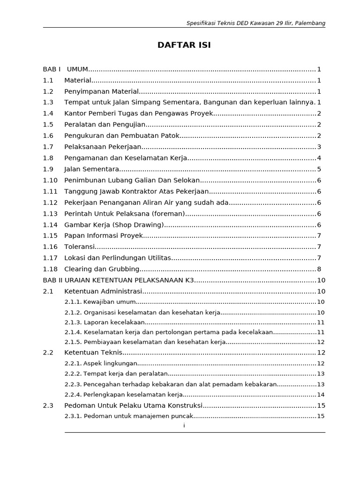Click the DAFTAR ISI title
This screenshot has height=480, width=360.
[184, 45]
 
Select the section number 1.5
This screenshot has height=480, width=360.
[48, 125]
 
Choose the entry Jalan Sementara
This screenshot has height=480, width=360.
[92, 169]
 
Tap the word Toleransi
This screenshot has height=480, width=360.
[80, 247]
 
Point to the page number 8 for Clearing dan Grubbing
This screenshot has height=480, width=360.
[319, 269]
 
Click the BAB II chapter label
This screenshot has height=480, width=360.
[52, 280]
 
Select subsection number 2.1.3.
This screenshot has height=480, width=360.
[73, 322]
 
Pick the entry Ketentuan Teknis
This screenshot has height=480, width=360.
[93, 352]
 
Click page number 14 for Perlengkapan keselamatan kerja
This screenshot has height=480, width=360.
[321, 395]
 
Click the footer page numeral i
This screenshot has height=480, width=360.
[184, 425]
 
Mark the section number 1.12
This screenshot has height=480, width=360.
[50, 202]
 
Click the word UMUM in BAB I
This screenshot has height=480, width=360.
[78, 69]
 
